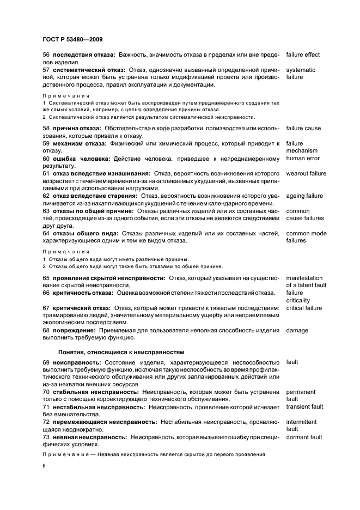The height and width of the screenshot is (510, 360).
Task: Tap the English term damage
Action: tap(297, 330)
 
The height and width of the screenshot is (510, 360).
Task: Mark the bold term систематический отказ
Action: tap(88, 70)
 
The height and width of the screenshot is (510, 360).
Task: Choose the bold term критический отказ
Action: tap(81, 308)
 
